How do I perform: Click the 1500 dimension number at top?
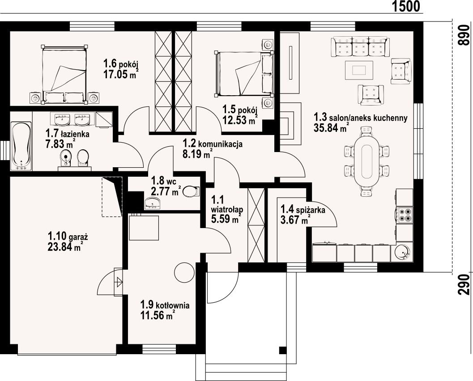tap(406, 6)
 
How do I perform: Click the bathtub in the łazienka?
tap(21, 146)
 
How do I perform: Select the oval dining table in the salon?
tap(367, 161)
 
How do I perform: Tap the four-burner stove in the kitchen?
tap(404, 215)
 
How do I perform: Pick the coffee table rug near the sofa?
tap(359, 70)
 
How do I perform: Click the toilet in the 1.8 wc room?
tap(191, 191)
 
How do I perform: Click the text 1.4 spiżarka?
tap(303, 209)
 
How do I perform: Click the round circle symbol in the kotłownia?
tap(184, 272)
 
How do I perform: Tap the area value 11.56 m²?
tap(158, 315)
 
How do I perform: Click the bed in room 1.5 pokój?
tap(244, 74)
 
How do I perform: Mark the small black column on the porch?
tap(282, 350)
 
